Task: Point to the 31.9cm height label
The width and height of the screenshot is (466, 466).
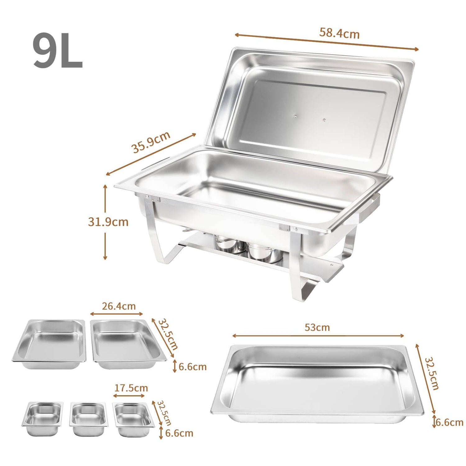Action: (108, 222)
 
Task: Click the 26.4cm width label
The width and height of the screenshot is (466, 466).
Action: (119, 306)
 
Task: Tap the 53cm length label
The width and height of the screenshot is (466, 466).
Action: (317, 327)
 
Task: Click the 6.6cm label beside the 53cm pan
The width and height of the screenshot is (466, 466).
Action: (449, 422)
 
